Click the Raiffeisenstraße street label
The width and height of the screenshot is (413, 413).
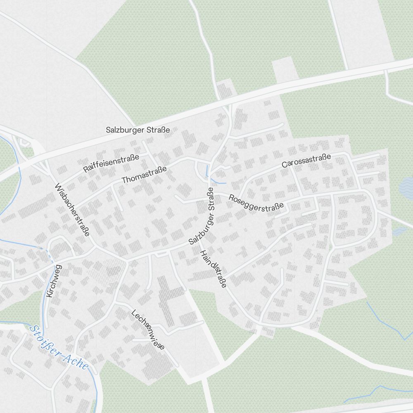[111, 163]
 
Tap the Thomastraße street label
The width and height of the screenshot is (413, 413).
[144, 175]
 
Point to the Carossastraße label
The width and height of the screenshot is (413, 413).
[306, 160]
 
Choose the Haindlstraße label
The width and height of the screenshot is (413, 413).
[213, 269]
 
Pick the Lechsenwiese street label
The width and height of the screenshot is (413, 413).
[148, 330]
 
